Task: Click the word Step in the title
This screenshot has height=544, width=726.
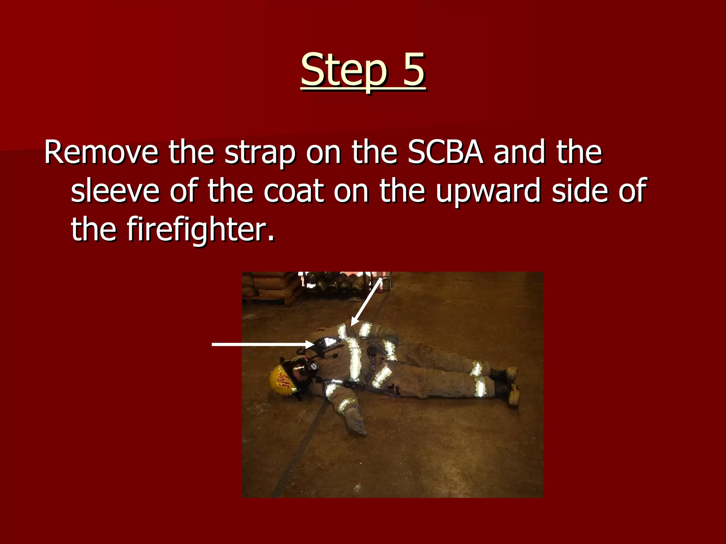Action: click(x=343, y=70)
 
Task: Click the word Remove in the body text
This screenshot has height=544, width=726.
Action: click(x=101, y=153)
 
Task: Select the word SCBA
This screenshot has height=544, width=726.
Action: click(x=445, y=153)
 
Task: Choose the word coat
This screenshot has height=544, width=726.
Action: click(x=294, y=191)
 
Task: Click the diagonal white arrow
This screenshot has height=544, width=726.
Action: click(x=367, y=301)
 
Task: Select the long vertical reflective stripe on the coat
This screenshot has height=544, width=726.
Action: click(x=354, y=358)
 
